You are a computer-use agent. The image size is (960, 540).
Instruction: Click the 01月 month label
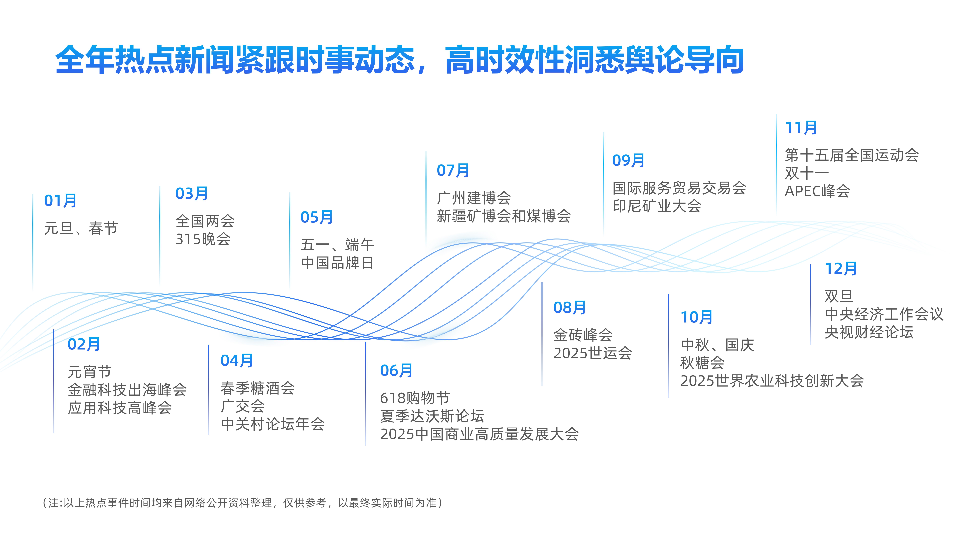pyautogui.click(x=60, y=200)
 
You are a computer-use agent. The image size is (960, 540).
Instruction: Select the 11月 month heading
pyautogui.click(x=801, y=128)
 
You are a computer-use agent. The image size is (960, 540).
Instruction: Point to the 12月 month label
pyautogui.click(x=841, y=269)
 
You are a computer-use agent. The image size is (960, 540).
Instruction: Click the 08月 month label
pyautogui.click(x=569, y=308)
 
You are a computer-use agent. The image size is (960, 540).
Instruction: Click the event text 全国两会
pyautogui.click(x=205, y=221)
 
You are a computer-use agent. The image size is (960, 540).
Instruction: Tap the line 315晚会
pyautogui.click(x=203, y=239)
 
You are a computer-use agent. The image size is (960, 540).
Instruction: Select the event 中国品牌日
pyautogui.click(x=337, y=263)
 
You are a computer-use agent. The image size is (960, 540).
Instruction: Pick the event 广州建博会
pyautogui.click(x=474, y=198)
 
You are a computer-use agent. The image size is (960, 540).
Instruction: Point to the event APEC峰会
pyautogui.click(x=817, y=191)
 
